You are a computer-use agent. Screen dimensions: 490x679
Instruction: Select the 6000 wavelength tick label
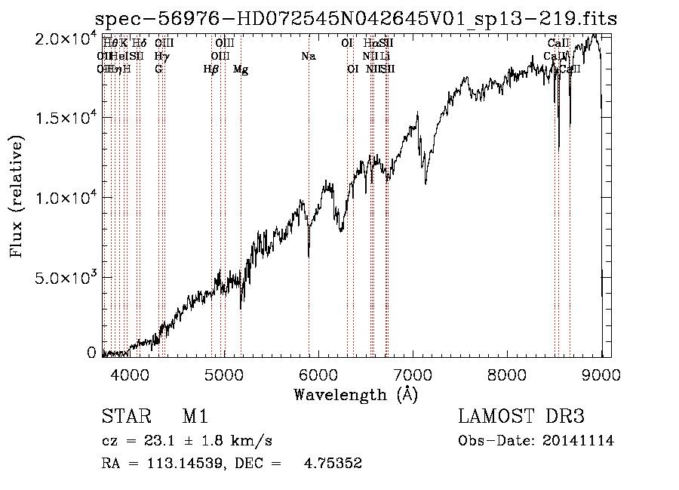[x=318, y=374]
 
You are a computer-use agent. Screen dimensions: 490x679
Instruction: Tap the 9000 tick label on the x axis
[x=601, y=374]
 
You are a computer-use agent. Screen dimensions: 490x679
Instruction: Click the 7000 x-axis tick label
[x=413, y=374]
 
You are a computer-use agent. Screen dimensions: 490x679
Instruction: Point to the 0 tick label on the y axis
[x=91, y=353]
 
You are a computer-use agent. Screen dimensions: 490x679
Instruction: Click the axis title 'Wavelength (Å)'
[x=355, y=394]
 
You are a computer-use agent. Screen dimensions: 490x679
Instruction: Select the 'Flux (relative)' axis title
[x=17, y=197]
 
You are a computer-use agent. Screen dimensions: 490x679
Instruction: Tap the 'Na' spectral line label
[x=308, y=56]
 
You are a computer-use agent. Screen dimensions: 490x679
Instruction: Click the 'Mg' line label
[x=241, y=69]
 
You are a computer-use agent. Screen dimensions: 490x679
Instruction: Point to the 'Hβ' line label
[x=211, y=69]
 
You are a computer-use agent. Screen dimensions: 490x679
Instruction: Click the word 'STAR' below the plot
[x=126, y=416]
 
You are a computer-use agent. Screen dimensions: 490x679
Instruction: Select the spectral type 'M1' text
[x=195, y=416]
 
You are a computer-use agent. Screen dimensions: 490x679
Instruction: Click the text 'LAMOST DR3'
[x=521, y=416]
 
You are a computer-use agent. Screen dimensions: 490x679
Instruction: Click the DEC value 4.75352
[x=333, y=464]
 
